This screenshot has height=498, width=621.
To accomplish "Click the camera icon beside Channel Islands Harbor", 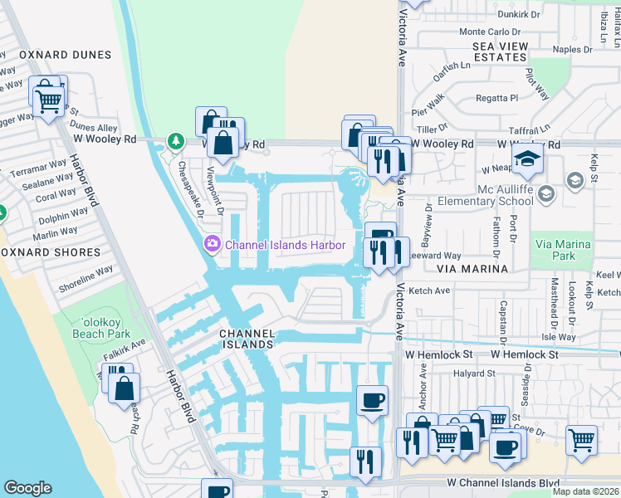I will [212, 243].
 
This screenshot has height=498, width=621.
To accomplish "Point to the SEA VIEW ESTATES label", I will [500, 51].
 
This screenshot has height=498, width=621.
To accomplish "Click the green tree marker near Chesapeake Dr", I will [175, 141].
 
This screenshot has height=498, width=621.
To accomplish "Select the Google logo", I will [27, 488].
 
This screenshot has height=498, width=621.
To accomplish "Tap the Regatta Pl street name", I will [496, 98].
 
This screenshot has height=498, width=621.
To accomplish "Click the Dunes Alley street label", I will [95, 128].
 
